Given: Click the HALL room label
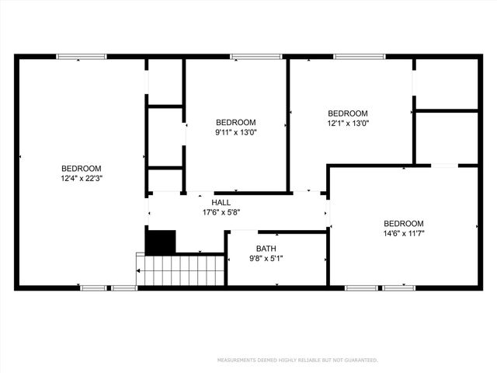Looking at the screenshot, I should pos(221,202).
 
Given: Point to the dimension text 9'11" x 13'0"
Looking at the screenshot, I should pos(235,132).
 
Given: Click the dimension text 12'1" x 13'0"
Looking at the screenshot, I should pos(347,123).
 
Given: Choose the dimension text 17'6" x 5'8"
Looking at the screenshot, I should pos(221,212).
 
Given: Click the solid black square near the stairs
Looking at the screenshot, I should pos(162,242).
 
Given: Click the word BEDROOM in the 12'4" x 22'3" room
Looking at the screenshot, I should pos(82,169).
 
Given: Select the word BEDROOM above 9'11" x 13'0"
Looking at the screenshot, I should pos(235,122).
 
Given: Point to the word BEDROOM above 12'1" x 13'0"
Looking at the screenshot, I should pos(347,113).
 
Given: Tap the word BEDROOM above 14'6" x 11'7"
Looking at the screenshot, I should pos(404,223).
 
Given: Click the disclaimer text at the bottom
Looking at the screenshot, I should pos(297,361).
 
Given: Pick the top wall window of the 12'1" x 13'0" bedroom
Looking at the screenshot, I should pos(359,56).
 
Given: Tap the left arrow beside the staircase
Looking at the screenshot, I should pos(140,270).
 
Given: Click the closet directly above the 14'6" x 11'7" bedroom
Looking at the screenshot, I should pos(447,138).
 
